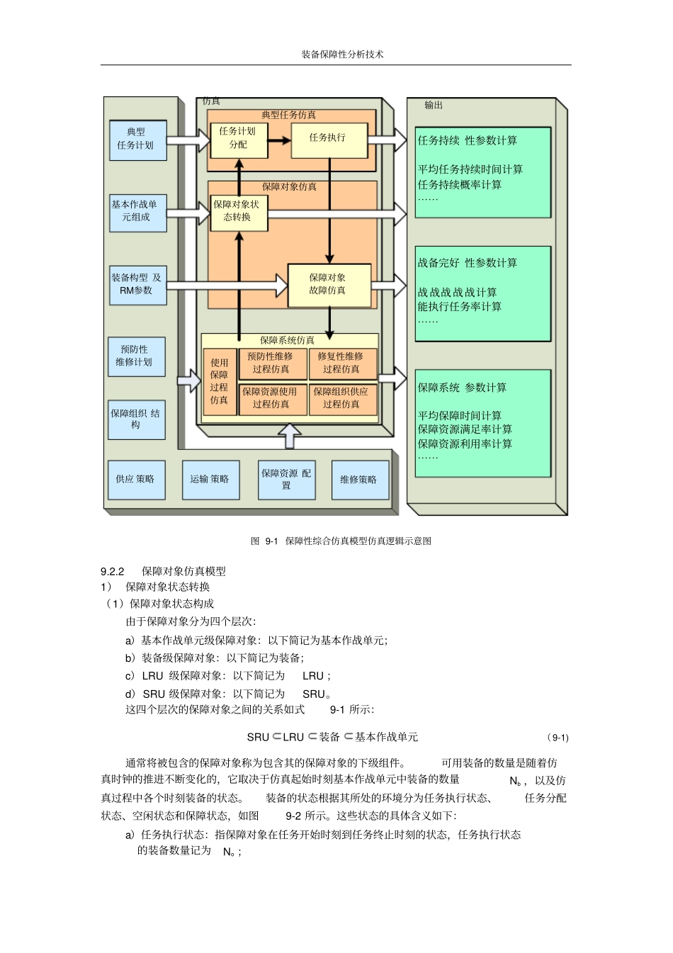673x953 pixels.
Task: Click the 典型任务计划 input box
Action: point(137,140)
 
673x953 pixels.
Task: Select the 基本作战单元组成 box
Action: point(137,212)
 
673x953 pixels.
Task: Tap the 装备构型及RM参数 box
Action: point(137,285)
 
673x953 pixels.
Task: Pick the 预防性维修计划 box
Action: point(136,356)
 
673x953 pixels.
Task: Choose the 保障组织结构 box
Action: point(136,419)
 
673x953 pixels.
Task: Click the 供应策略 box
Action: point(136,480)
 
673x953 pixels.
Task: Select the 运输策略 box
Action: point(210,480)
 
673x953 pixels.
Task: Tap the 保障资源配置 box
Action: point(286,480)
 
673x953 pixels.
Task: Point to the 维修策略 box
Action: point(360,480)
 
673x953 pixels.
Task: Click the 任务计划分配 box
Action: point(239,140)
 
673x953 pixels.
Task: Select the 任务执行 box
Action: point(328,140)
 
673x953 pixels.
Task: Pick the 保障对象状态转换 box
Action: point(239,212)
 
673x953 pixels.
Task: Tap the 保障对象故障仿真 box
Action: point(328,285)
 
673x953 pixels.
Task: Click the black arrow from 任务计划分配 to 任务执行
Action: point(279,140)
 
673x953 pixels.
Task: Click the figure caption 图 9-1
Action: point(341,541)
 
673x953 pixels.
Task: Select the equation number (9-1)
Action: point(558,738)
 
